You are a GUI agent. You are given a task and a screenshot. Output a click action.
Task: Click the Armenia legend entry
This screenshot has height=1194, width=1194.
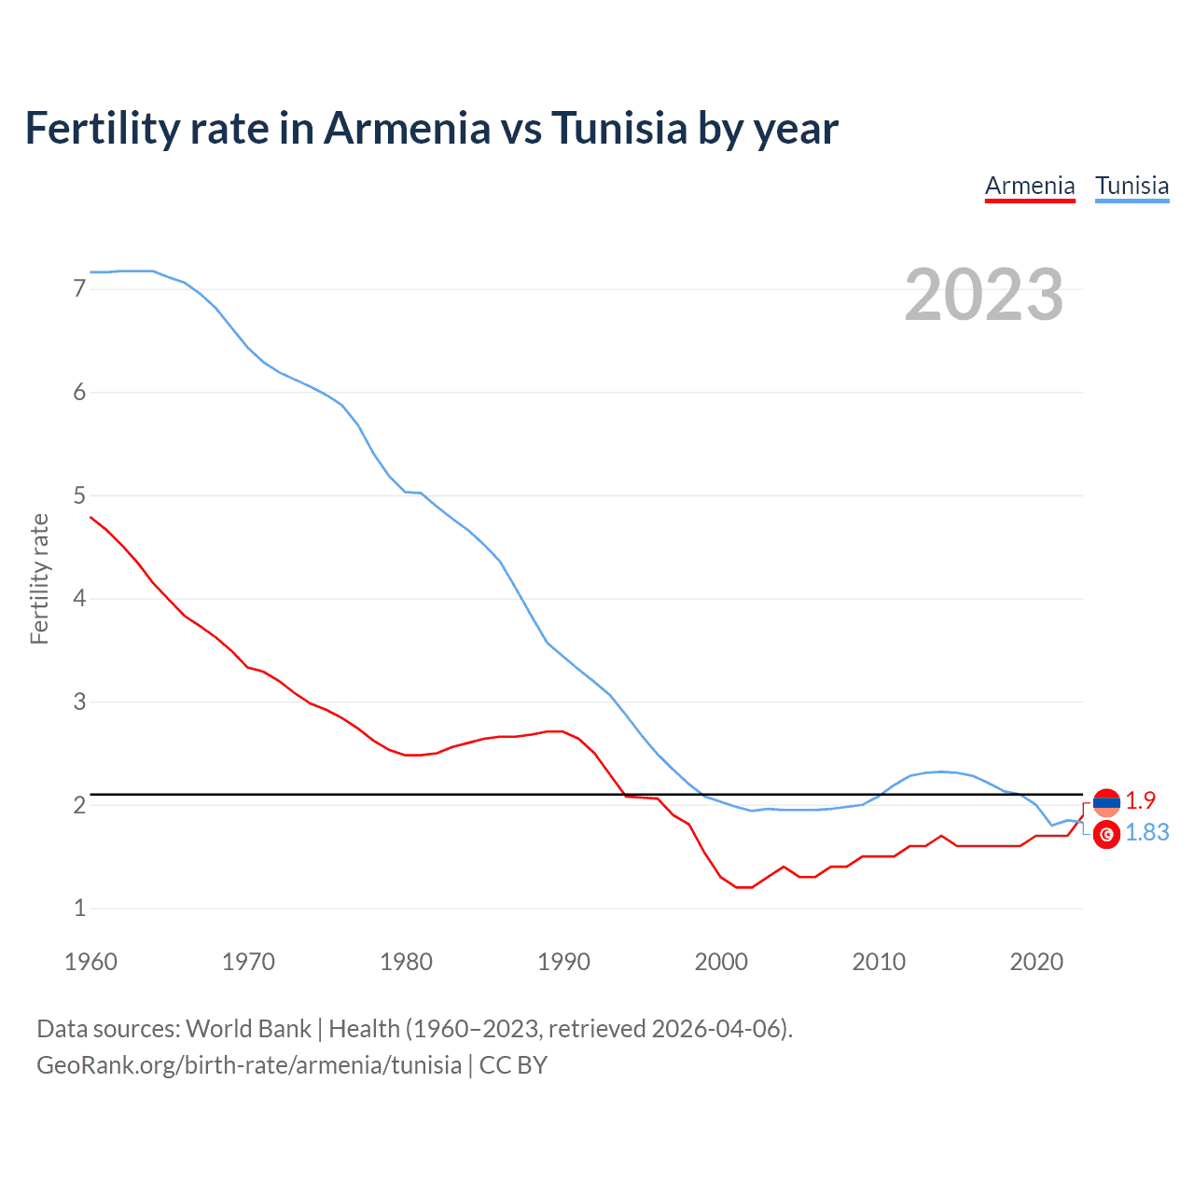[1030, 186]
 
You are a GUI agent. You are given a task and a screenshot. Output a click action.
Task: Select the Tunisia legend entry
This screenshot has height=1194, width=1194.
[1132, 186]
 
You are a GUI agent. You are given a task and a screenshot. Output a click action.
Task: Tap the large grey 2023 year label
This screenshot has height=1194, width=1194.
[983, 295]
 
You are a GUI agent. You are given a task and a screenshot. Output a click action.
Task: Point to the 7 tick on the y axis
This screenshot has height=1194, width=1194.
[79, 289]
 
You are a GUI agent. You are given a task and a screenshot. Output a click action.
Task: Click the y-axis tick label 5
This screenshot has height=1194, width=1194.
[79, 495]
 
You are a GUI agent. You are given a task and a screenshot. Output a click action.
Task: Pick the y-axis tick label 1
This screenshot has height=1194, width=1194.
[79, 908]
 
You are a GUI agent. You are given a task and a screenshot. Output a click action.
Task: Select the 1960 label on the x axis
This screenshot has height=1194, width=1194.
[90, 962]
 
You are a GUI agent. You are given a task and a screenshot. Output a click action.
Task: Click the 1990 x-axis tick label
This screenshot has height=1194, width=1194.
[563, 962]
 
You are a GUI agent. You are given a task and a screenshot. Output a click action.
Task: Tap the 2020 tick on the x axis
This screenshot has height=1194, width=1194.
[1036, 962]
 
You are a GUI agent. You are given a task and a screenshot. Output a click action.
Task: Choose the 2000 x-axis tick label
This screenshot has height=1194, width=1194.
[721, 962]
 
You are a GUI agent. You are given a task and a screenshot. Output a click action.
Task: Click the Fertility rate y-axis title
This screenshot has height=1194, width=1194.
[39, 578]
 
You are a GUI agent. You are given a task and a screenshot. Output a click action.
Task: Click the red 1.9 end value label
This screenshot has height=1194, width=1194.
[1140, 800]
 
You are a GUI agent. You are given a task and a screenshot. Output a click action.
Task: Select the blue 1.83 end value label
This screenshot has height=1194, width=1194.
[1146, 832]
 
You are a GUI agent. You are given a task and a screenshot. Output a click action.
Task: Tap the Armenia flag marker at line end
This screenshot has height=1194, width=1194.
[1106, 801]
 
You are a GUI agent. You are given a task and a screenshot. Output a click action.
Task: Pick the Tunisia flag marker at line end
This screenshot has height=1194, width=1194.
[1106, 835]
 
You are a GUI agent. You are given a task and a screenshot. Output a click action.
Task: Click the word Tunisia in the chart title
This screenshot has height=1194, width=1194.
[619, 128]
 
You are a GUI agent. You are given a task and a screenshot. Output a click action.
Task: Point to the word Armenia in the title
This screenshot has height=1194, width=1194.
[407, 128]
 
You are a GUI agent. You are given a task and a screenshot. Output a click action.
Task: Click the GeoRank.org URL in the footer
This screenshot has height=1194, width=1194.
[249, 1065]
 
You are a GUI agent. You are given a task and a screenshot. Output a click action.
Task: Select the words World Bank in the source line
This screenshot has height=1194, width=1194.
[248, 1029]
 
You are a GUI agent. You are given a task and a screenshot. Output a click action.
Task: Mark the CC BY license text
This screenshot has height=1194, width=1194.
[513, 1065]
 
